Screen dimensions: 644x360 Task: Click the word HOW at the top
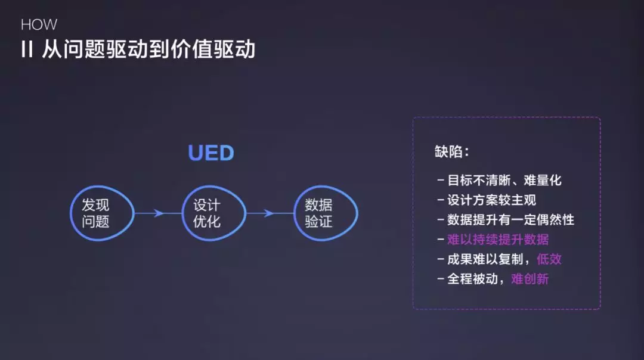tap(39, 25)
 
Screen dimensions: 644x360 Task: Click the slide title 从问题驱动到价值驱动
tap(148, 49)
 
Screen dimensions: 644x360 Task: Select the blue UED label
tap(211, 153)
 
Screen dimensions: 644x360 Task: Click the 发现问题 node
tap(95, 213)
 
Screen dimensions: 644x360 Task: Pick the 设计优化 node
tap(207, 213)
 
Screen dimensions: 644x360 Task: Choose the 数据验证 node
tap(318, 213)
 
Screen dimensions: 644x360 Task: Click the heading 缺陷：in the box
tap(452, 152)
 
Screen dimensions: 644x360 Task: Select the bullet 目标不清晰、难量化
tap(504, 181)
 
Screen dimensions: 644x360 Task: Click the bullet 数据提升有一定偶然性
tap(510, 220)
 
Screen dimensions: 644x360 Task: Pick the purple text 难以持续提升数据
tap(498, 240)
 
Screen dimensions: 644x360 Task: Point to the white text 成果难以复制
tap(483, 259)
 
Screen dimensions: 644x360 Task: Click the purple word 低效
tap(549, 259)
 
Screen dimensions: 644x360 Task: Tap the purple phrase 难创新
tap(530, 279)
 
